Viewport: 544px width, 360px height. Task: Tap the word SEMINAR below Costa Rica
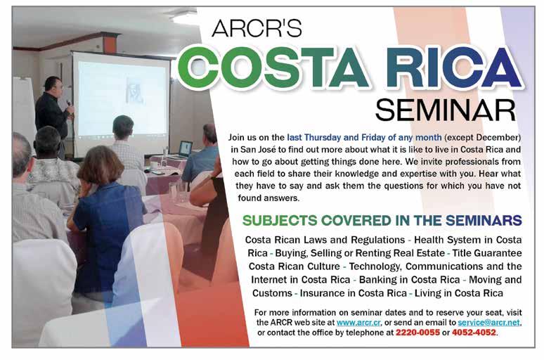[446, 110]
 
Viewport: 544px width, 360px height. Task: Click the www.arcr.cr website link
[358, 323]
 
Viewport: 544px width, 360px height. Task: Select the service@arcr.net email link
[489, 323]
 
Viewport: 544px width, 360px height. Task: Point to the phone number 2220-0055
[417, 333]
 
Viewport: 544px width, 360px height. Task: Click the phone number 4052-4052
[474, 333]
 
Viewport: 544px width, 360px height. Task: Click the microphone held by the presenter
[68, 103]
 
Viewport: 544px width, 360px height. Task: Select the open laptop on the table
[185, 148]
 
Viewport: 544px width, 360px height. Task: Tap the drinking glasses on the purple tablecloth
[178, 192]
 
